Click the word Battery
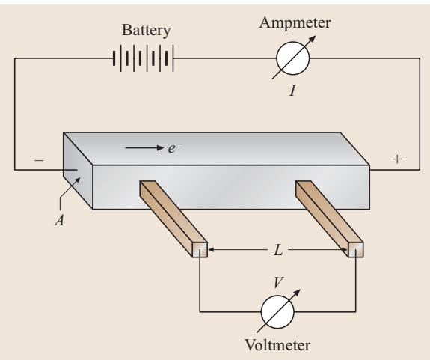tap(146, 30)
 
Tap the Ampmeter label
tap(295, 23)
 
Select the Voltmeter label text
tap(277, 345)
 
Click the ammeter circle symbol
tap(293, 58)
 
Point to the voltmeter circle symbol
tap(277, 311)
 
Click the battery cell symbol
tap(143, 58)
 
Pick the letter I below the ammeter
tap(292, 91)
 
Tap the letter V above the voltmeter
tap(278, 283)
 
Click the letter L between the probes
tap(278, 250)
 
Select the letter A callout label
tap(60, 220)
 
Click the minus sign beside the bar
tap(39, 160)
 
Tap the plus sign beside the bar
tap(397, 159)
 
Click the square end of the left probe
tap(200, 250)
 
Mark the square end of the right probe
tap(356, 250)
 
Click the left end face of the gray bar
tap(78, 170)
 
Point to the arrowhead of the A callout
tap(79, 179)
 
